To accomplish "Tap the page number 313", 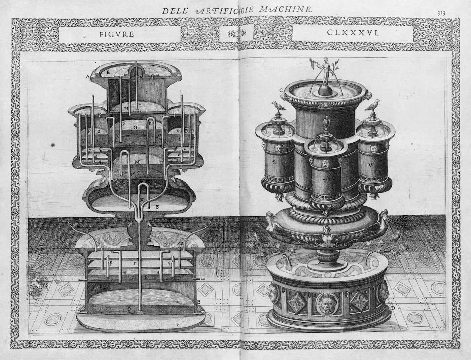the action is pyautogui.click(x=441, y=13).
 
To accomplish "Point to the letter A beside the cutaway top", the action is pyautogui.click(x=87, y=77).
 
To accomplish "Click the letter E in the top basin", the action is pyautogui.click(x=108, y=72).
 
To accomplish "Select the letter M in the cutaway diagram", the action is pyautogui.click(x=137, y=162).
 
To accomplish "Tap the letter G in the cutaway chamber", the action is pyautogui.click(x=135, y=128).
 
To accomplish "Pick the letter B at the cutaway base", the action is pyautogui.click(x=198, y=302).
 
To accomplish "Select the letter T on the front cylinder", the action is pyautogui.click(x=325, y=180).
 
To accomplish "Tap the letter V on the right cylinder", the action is pyautogui.click(x=370, y=165).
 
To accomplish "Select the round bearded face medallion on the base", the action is pyautogui.click(x=324, y=304).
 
